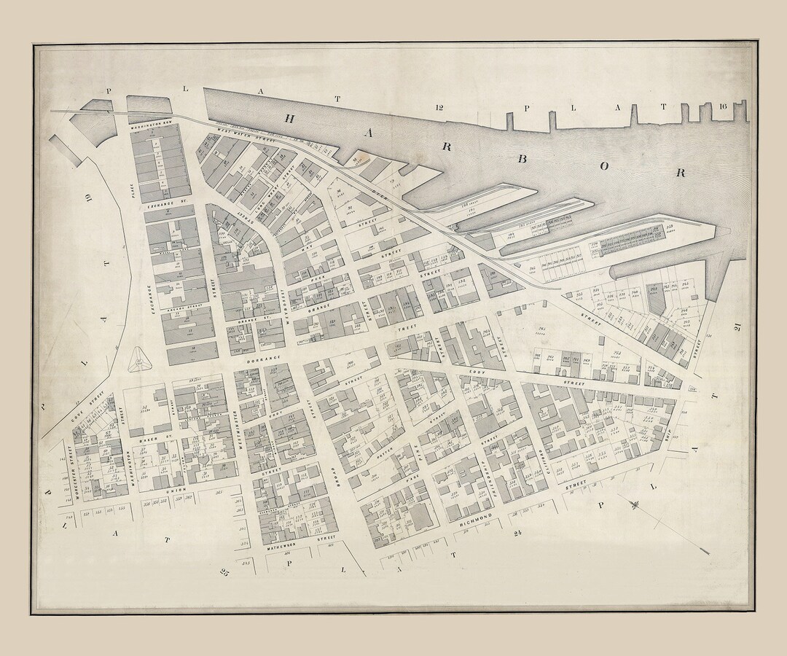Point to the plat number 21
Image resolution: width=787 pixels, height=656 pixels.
(737, 328)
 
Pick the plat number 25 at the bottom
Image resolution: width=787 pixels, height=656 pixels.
(225, 573)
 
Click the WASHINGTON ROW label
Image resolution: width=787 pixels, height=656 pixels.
(150, 125)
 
